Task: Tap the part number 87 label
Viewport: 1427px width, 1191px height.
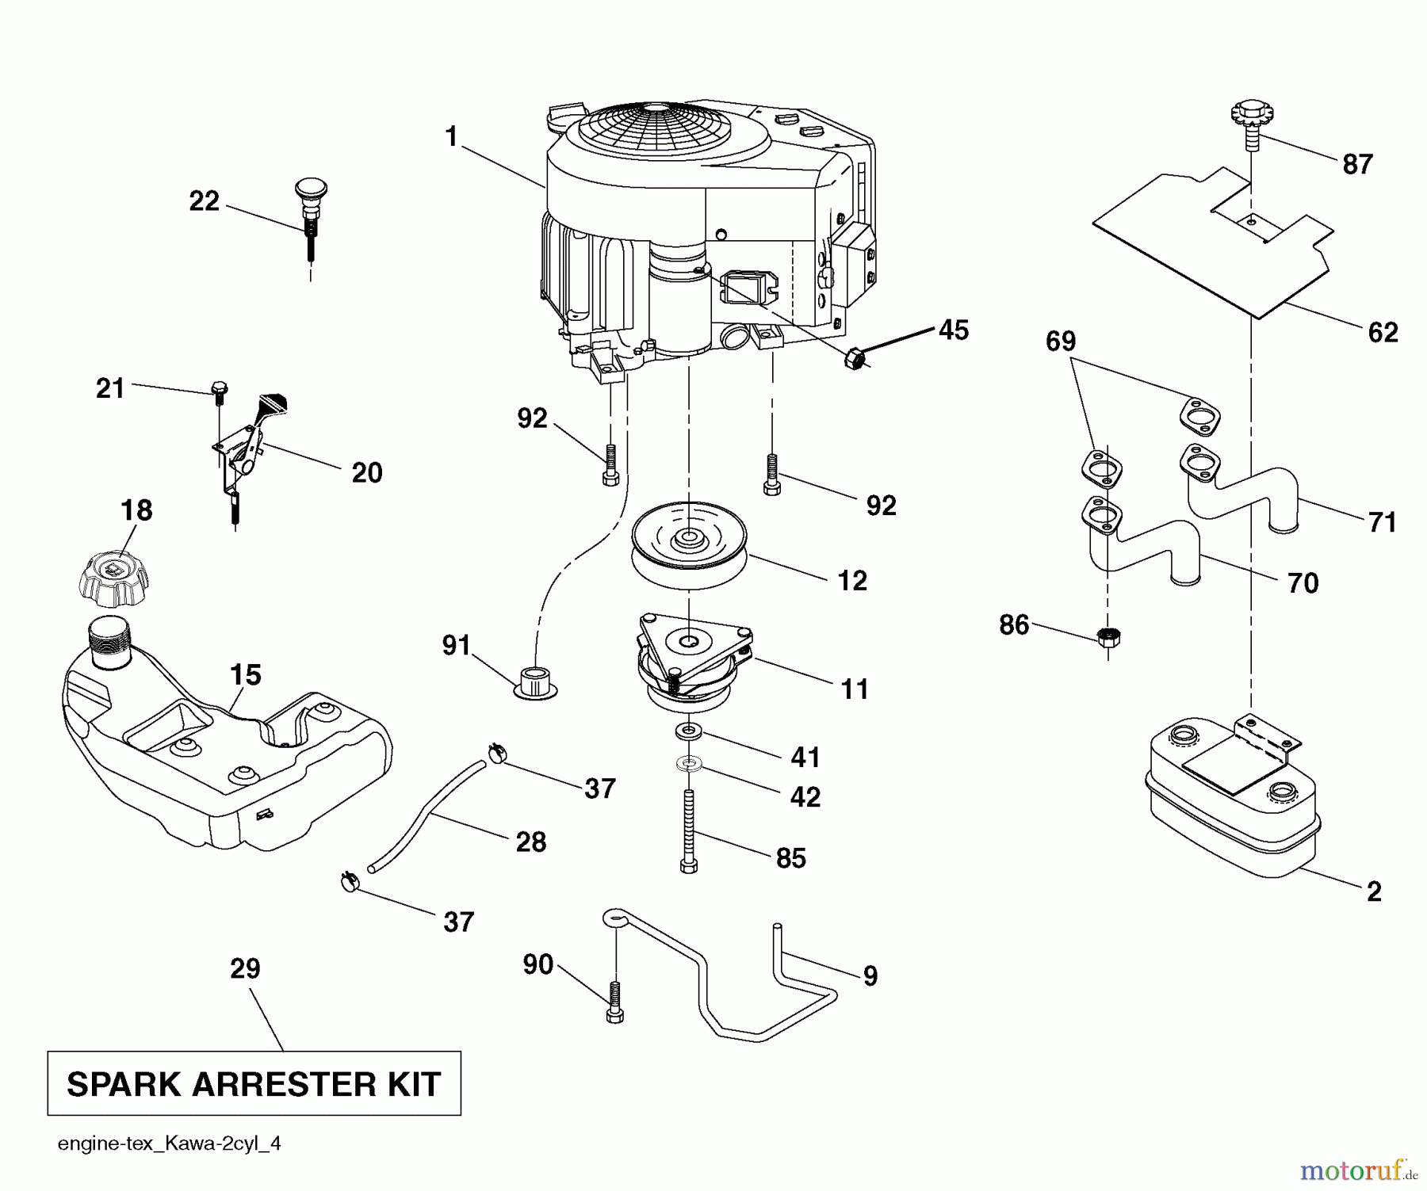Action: point(1357,165)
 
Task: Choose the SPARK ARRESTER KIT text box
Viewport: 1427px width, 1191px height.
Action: point(254,1083)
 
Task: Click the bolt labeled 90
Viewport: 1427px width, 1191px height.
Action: point(615,1002)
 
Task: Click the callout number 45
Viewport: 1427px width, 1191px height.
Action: point(953,330)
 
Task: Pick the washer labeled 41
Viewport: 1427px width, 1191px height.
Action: point(688,730)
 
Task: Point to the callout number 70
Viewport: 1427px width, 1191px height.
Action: point(1303,583)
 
